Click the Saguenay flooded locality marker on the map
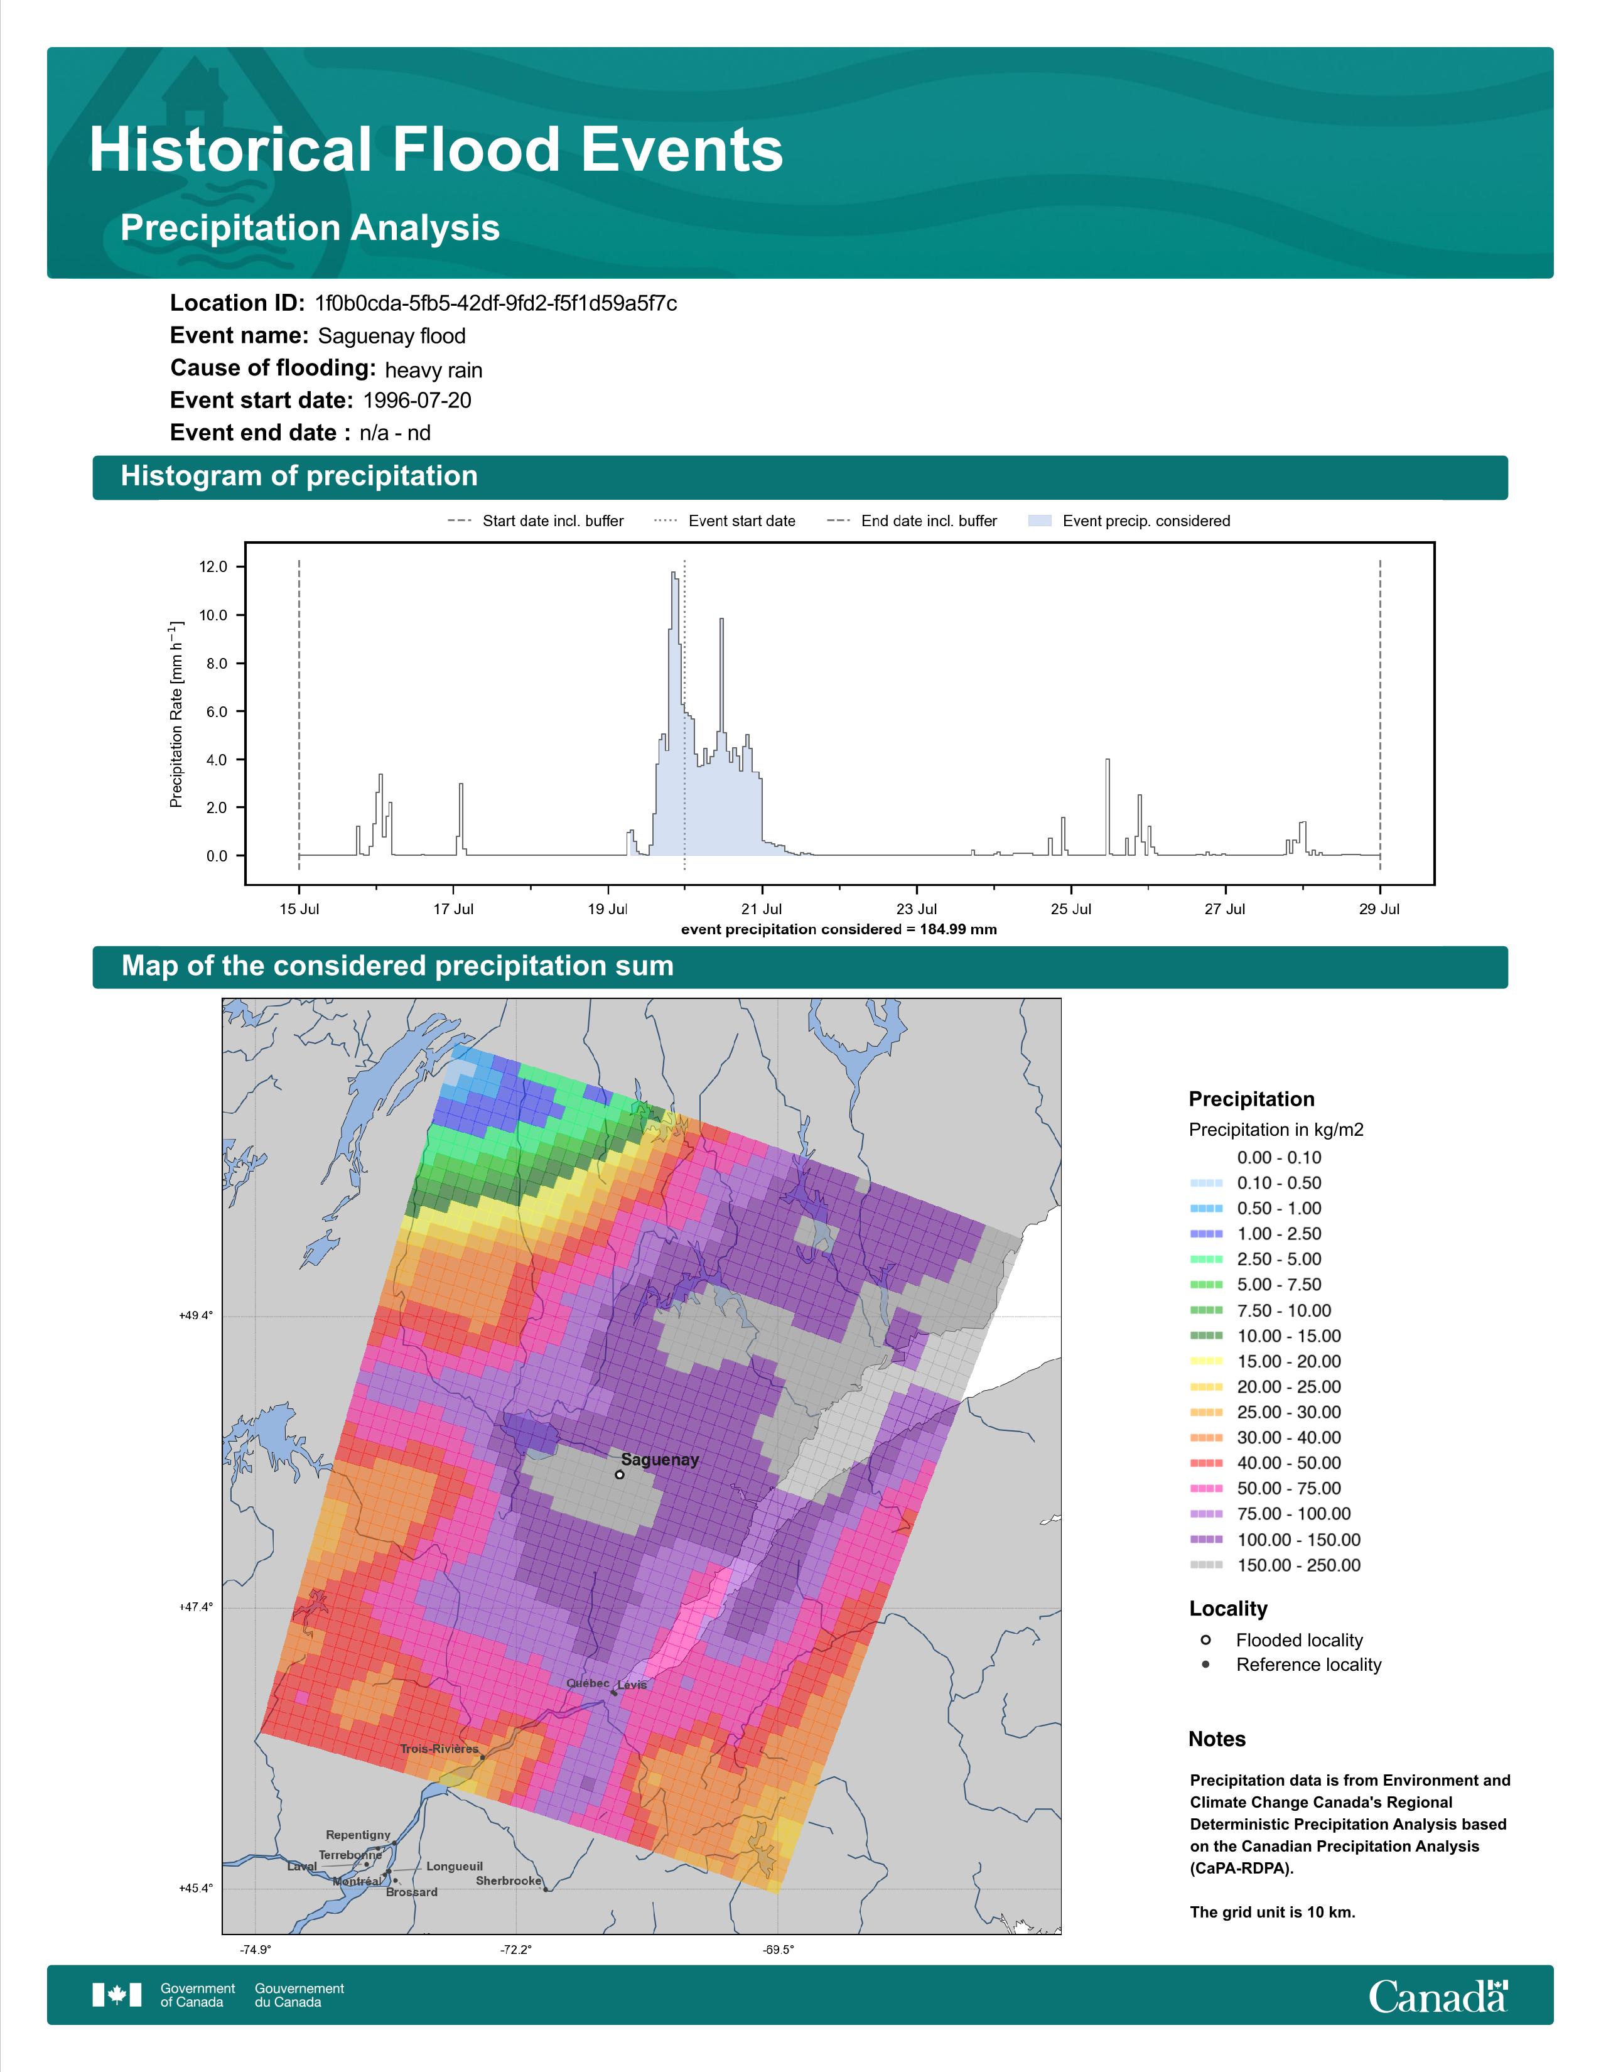pos(619,1474)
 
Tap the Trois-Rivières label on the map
pos(439,1749)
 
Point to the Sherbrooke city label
pos(509,1880)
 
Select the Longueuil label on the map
pos(455,1866)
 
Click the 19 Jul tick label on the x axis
pos(607,909)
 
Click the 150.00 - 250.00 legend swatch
pos(1205,1565)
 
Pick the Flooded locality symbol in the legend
pos(1205,1640)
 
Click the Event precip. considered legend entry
pos(1129,521)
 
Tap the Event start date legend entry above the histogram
pos(725,521)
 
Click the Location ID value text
pos(496,304)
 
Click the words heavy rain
pos(433,370)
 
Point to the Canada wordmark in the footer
pos(1438,1996)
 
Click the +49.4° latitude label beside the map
pos(197,1316)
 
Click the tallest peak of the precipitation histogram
pos(672,573)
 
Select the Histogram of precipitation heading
pos(299,477)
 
